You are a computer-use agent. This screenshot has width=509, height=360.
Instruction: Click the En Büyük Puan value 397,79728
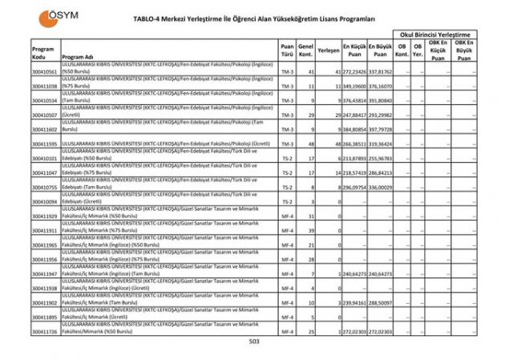pos(381,129)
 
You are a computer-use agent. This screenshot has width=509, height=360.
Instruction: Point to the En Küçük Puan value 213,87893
pos(355,158)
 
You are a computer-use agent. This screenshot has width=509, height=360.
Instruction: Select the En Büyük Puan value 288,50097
pos(381,302)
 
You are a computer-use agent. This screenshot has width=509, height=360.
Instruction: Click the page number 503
pos(254,342)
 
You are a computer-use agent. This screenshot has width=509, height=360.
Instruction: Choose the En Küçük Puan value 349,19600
pos(355,86)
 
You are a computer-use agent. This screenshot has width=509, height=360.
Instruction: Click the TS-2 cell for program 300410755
pos(287,187)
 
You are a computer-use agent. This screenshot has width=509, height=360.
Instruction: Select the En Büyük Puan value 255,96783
pos(381,158)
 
